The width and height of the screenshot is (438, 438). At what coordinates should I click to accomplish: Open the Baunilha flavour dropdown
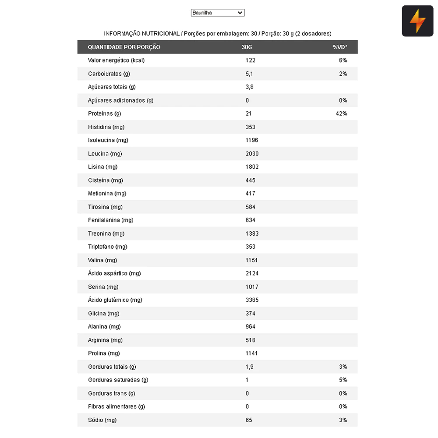pos(217,13)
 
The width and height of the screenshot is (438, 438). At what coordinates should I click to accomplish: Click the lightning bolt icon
pos(417,21)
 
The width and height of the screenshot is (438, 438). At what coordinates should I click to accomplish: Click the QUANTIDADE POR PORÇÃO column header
pos(124,47)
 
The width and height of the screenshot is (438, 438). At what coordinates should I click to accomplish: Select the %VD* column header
pos(340,47)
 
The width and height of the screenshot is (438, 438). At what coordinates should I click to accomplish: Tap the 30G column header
pos(247,47)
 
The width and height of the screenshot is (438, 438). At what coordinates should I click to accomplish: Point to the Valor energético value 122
pos(250,60)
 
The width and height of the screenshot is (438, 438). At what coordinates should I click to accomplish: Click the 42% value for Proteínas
pos(342,113)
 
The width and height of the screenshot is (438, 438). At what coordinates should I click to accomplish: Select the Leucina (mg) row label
pos(105,154)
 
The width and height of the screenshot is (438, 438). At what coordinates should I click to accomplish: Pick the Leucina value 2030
pos(252,154)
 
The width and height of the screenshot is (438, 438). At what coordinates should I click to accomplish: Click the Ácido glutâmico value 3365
pos(252,300)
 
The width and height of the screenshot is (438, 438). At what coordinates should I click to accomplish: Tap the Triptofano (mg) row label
pos(107,247)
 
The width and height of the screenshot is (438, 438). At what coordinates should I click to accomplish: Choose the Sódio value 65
pos(249,420)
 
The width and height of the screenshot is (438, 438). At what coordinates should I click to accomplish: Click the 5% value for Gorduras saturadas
pos(343,380)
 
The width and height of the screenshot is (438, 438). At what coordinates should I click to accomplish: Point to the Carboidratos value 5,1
pos(249,74)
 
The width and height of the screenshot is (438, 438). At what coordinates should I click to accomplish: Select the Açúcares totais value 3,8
pos(249,87)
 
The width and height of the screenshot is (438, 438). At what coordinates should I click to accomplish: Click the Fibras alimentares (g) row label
pos(116,406)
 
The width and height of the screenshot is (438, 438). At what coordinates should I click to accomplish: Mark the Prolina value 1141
pos(251,353)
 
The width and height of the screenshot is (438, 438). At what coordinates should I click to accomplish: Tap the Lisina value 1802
pos(252,167)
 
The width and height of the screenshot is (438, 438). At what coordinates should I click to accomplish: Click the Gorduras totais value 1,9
pos(249,367)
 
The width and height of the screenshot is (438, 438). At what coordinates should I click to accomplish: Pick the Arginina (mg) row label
pos(105,340)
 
